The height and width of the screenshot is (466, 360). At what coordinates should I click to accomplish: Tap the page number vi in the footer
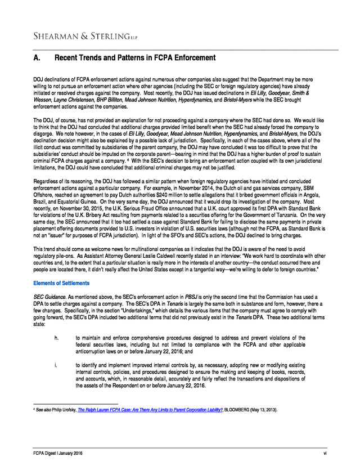325,454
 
